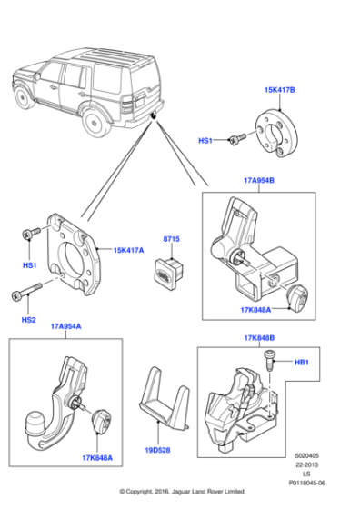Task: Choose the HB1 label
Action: pyautogui.click(x=301, y=363)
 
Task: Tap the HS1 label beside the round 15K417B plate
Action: pyautogui.click(x=206, y=140)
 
